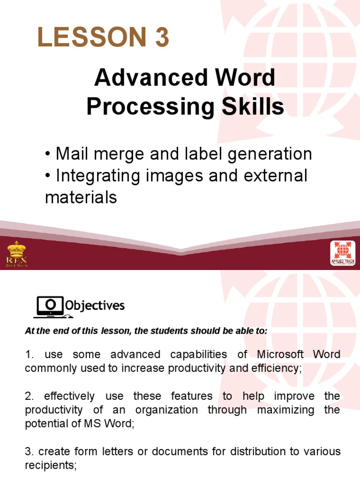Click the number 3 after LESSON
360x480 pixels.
(x=161, y=37)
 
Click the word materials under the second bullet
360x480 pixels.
(x=81, y=197)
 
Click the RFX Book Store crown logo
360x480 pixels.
(x=17, y=254)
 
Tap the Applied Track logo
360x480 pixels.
(x=343, y=253)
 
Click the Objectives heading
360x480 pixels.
(x=95, y=306)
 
